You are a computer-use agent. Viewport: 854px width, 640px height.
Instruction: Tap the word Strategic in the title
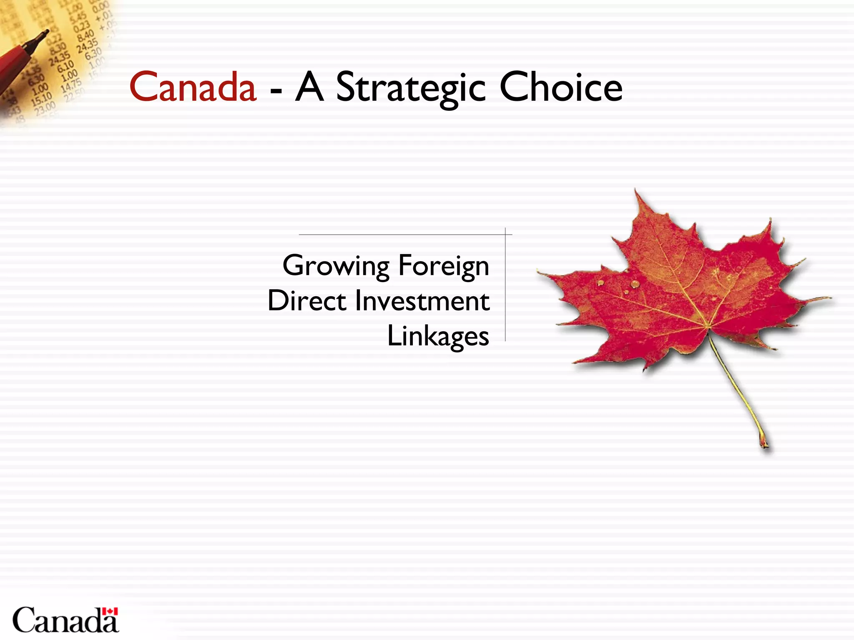[x=411, y=87]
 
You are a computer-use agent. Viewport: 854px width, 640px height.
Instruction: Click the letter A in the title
[x=309, y=87]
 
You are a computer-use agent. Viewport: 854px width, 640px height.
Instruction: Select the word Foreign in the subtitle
[x=444, y=266]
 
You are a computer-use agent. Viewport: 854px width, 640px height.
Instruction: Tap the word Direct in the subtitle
[x=307, y=301]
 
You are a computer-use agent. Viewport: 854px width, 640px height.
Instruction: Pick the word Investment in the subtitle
[x=422, y=301]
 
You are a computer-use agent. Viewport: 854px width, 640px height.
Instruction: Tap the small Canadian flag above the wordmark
[x=110, y=611]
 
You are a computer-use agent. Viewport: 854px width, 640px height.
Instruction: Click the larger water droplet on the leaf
[x=635, y=284]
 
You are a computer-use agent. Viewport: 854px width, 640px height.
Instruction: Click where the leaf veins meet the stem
[x=708, y=327]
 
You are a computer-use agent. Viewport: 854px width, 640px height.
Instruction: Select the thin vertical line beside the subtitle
[x=505, y=287]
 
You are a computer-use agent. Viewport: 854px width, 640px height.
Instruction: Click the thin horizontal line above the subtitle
[x=400, y=235]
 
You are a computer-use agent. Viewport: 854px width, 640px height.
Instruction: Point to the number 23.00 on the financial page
[x=45, y=108]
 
